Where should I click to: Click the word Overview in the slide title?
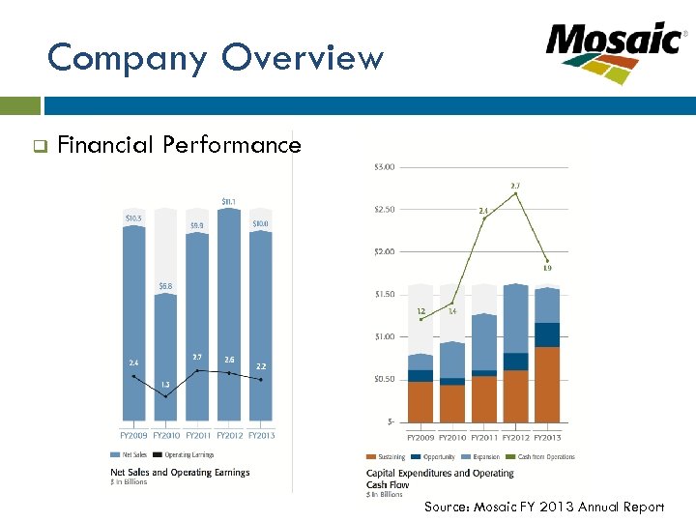[303, 59]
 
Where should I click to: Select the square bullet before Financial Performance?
[40, 147]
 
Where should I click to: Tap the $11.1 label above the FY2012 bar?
[230, 201]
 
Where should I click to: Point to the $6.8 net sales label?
[166, 285]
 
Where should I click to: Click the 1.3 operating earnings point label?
[165, 384]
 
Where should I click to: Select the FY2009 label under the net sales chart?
[133, 435]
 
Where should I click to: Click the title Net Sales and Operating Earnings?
[180, 472]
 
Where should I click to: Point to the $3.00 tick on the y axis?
[383, 167]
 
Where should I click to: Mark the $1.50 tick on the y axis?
[383, 294]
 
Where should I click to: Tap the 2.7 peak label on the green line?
[515, 185]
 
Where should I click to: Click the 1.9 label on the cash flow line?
[547, 268]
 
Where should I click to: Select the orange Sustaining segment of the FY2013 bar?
[547, 385]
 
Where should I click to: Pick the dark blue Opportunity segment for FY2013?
[547, 334]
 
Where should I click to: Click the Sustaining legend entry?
[386, 456]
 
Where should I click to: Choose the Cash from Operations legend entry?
[545, 456]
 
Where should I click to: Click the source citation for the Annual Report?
[544, 507]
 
